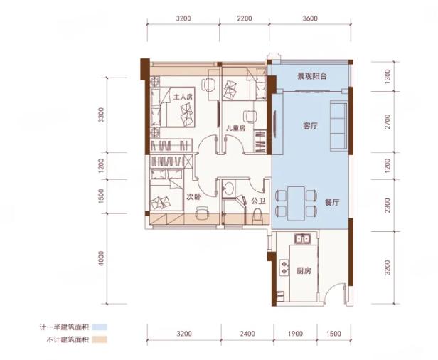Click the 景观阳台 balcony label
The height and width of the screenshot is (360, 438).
311,76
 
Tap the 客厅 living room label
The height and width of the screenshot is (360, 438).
310,126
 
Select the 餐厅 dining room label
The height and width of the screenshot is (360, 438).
332,202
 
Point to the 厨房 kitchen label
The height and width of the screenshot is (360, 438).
304,271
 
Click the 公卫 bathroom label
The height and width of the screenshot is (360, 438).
258,201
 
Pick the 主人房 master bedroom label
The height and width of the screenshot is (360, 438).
183,97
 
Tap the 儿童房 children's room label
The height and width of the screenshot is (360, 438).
235,128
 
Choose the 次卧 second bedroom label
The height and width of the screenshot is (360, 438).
194,197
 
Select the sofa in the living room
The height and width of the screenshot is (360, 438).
338,125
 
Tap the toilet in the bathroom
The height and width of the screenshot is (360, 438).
257,217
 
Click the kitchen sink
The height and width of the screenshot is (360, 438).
302,238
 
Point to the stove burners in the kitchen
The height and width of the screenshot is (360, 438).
284,268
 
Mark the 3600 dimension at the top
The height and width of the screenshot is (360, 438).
310,18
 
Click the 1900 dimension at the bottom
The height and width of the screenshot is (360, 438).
296,334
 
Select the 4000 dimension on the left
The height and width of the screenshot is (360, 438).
101,258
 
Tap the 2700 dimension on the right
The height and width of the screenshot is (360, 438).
387,122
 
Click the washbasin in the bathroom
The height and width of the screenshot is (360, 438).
229,188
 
